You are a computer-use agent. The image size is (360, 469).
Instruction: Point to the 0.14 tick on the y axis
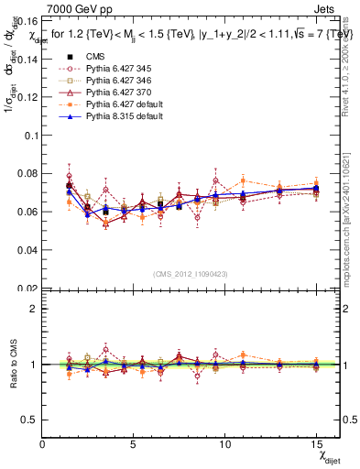(27, 57)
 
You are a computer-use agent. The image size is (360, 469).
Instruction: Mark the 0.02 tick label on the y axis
(27, 288)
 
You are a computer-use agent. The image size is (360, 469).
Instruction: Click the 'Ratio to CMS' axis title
(12, 364)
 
